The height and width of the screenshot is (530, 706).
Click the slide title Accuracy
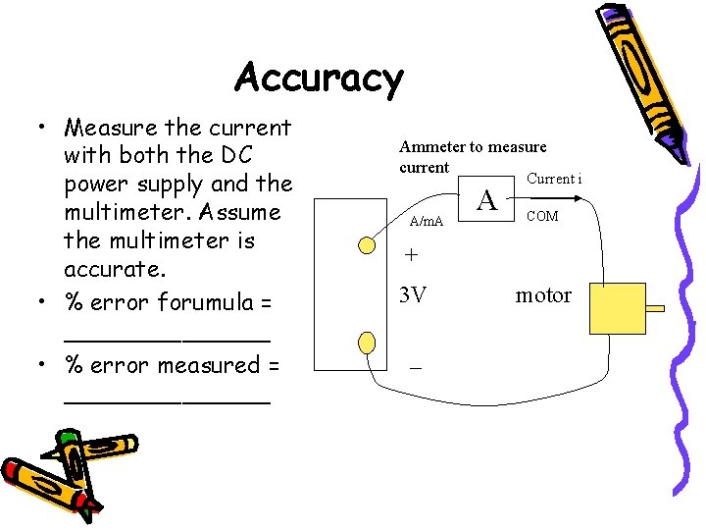click(x=319, y=79)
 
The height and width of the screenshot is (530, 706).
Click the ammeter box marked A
click(x=487, y=201)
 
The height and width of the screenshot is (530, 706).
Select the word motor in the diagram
click(x=543, y=295)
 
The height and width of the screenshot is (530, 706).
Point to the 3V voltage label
click(x=414, y=294)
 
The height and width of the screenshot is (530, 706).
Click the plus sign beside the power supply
click(x=412, y=253)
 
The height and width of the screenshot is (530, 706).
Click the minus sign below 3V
click(x=416, y=365)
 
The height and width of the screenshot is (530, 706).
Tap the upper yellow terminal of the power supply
click(x=366, y=245)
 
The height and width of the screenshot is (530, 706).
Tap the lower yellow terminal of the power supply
click(x=366, y=342)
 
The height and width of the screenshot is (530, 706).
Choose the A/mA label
click(x=427, y=222)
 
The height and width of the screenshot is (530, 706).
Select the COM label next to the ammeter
click(x=542, y=216)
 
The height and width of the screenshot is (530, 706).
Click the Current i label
click(x=554, y=179)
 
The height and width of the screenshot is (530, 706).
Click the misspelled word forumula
click(x=206, y=303)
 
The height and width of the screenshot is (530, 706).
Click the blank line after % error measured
click(x=167, y=398)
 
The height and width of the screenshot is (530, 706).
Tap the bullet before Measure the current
click(x=43, y=129)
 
